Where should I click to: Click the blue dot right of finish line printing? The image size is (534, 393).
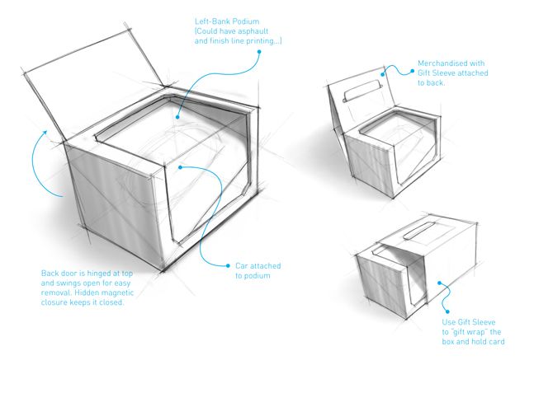click(258, 52)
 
